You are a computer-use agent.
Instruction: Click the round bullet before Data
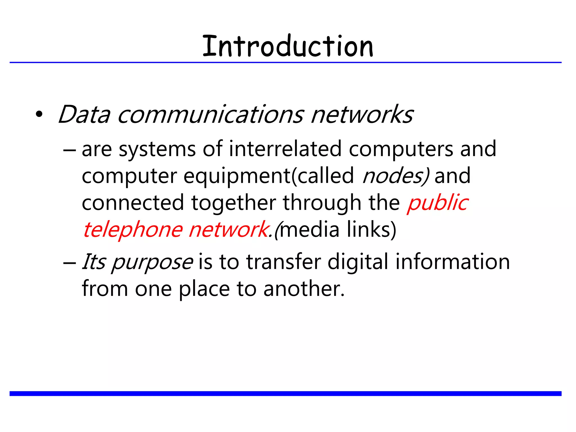tap(39, 114)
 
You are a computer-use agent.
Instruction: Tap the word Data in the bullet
tap(84, 114)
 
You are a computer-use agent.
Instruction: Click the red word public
tap(438, 203)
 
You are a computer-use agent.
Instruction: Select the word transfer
tap(284, 262)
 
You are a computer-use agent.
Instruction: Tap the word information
tap(453, 262)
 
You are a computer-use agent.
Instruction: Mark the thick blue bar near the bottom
tap(285, 393)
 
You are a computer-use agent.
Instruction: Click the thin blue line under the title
tap(285, 62)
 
